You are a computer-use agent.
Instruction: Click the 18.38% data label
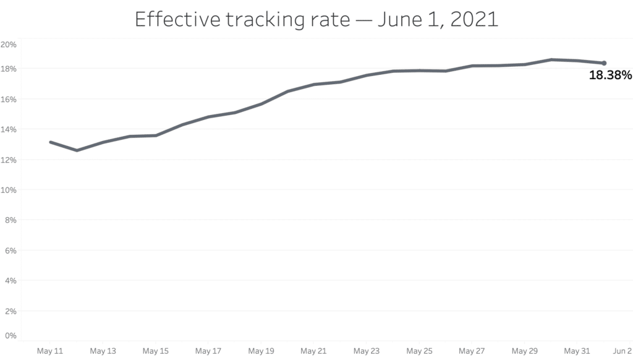point(610,75)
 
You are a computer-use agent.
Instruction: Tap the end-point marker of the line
point(604,63)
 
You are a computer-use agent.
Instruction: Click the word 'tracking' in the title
point(266,20)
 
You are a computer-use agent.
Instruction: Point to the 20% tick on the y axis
point(9,45)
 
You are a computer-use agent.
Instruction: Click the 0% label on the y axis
point(11,336)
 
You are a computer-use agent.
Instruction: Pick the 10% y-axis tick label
point(9,190)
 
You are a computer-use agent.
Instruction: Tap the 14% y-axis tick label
point(9,129)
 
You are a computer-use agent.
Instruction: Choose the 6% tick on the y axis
point(11,251)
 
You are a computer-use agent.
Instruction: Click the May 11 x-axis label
point(50,351)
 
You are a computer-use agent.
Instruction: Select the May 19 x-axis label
point(261,351)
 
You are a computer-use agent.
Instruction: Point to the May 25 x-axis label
point(418,351)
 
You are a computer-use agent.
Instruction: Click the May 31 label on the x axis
point(577,351)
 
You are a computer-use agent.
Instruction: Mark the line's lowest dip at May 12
point(77,150)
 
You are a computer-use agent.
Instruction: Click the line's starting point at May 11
point(51,142)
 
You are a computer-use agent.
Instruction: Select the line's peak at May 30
point(551,59)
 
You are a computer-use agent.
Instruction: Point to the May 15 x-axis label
point(155,351)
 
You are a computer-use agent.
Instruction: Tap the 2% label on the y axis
point(11,311)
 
